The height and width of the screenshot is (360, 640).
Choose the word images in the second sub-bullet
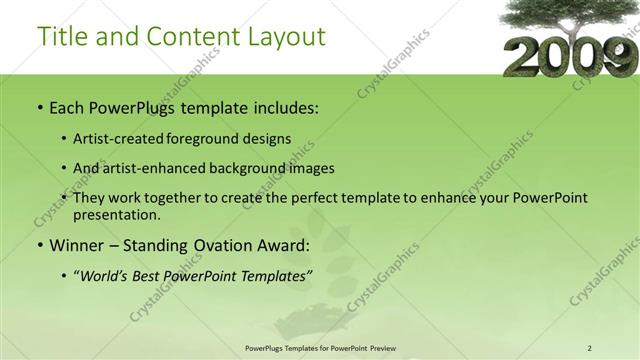(x=311, y=168)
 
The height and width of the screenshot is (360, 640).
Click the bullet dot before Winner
(x=39, y=246)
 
